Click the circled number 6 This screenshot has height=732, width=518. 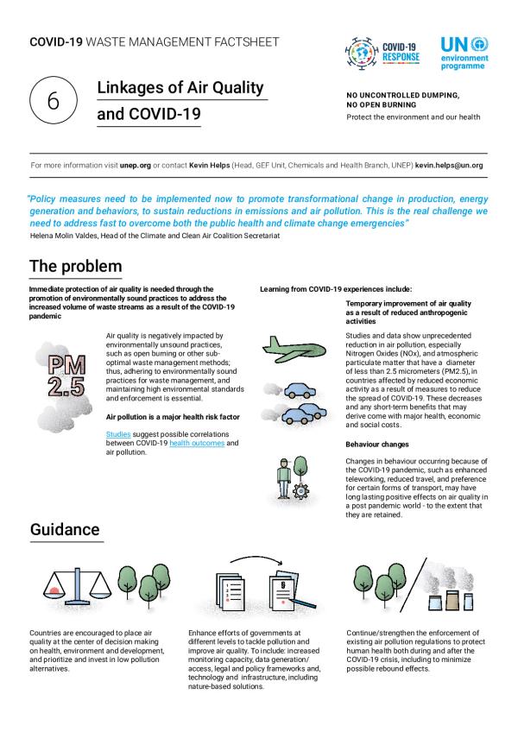click(52, 101)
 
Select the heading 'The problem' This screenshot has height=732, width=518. click(75, 265)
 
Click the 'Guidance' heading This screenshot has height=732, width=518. click(65, 528)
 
